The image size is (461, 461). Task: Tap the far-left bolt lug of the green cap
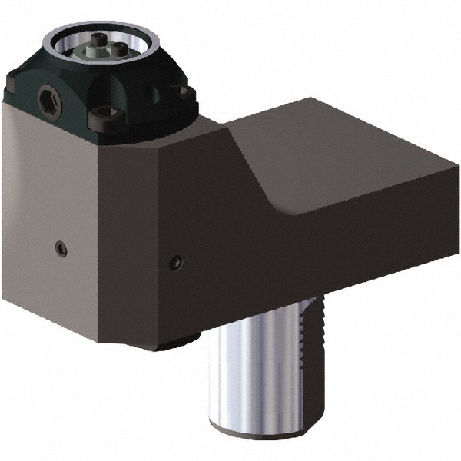point(14,77)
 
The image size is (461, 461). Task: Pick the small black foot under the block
point(173,345)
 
